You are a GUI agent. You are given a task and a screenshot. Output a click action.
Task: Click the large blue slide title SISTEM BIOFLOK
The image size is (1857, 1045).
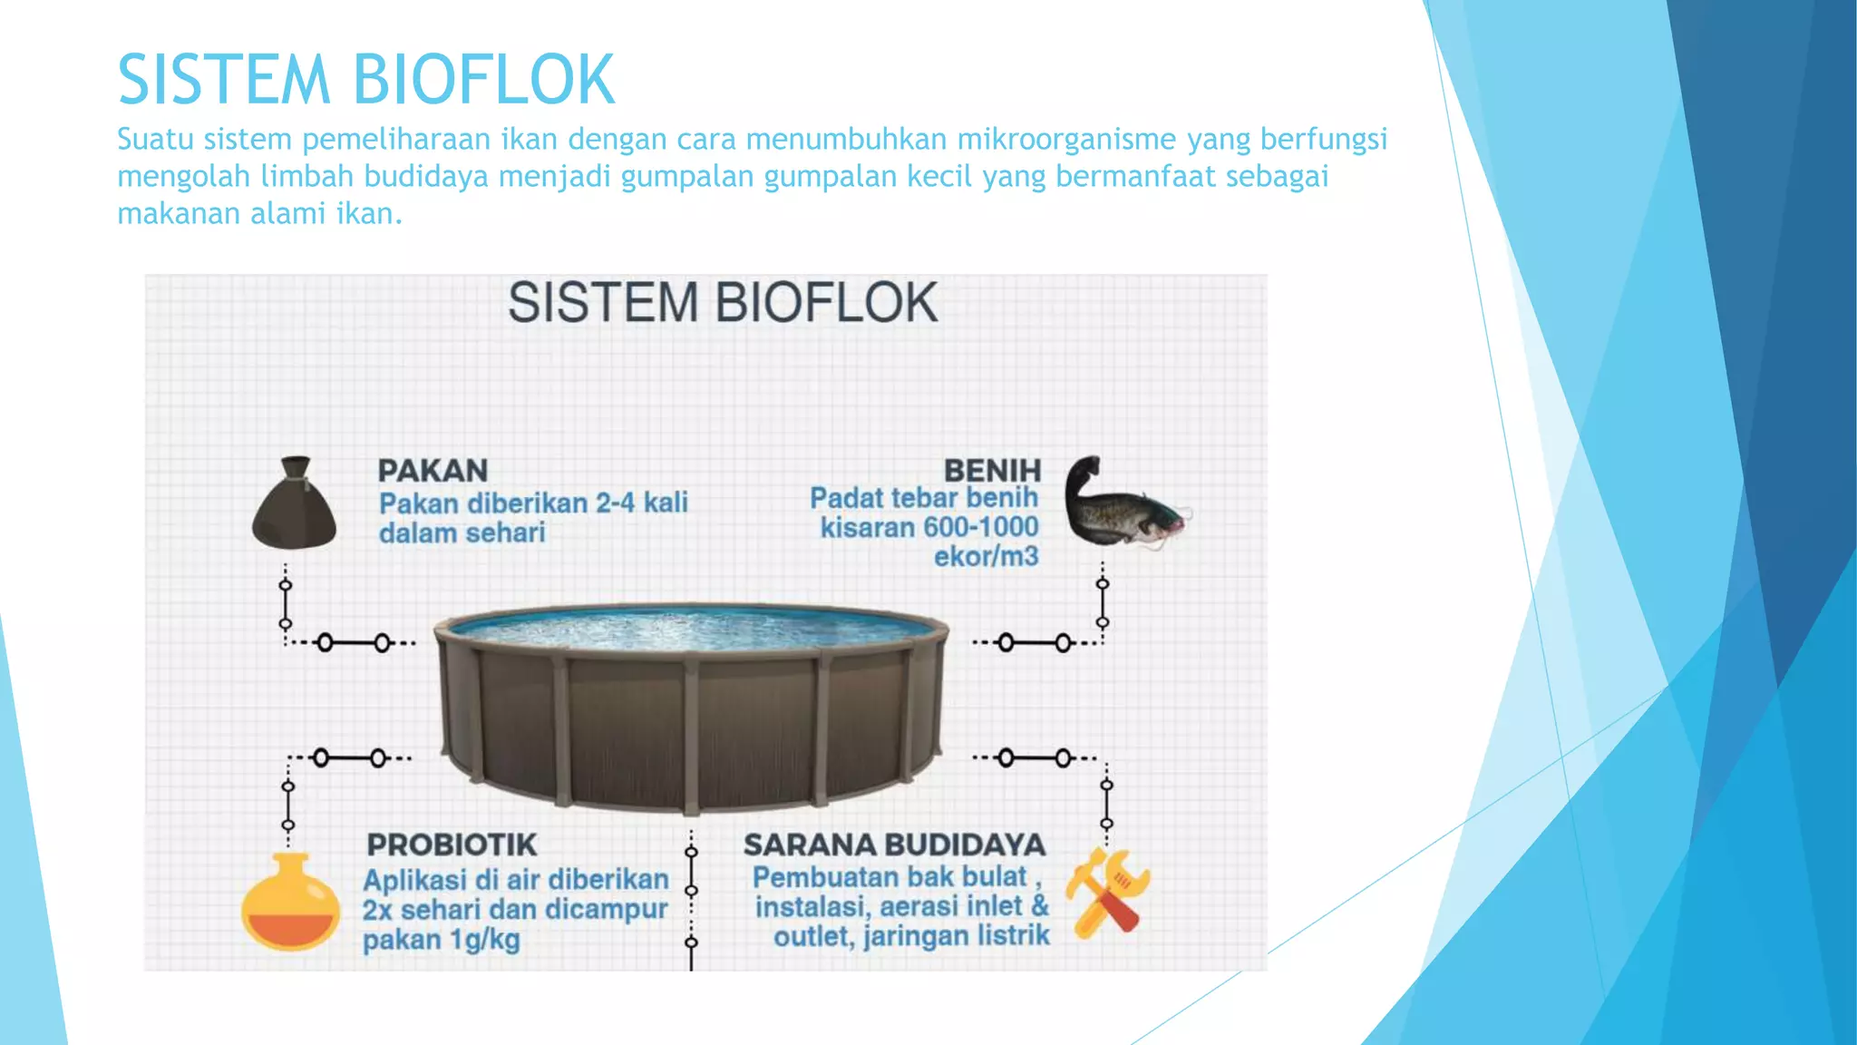[366, 80]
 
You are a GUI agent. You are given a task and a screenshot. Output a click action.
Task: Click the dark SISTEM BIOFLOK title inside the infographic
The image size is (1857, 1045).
[722, 303]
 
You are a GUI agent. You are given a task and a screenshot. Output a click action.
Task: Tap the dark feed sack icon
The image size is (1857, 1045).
[294, 513]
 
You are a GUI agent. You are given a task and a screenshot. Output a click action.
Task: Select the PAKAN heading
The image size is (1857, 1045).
[433, 471]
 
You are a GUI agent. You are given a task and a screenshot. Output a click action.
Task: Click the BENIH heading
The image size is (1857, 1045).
[992, 471]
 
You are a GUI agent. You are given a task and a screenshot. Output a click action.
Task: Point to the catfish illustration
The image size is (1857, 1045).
[1124, 508]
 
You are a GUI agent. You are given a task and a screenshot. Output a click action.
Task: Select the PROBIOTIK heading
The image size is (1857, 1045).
[452, 845]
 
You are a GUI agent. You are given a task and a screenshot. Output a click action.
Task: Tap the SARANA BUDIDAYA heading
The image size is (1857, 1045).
[894, 845]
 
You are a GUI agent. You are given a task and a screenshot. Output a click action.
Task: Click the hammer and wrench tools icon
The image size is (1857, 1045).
[1107, 893]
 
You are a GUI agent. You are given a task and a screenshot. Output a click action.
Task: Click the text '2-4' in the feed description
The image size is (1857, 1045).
[616, 503]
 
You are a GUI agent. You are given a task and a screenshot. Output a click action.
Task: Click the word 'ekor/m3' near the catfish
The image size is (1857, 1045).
[986, 556]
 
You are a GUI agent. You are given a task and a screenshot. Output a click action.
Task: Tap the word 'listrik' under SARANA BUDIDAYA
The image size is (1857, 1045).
[1011, 935]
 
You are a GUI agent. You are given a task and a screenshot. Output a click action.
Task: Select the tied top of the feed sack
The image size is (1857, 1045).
[297, 468]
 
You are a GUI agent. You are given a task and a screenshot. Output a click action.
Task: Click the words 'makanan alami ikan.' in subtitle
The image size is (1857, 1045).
[259, 214]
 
